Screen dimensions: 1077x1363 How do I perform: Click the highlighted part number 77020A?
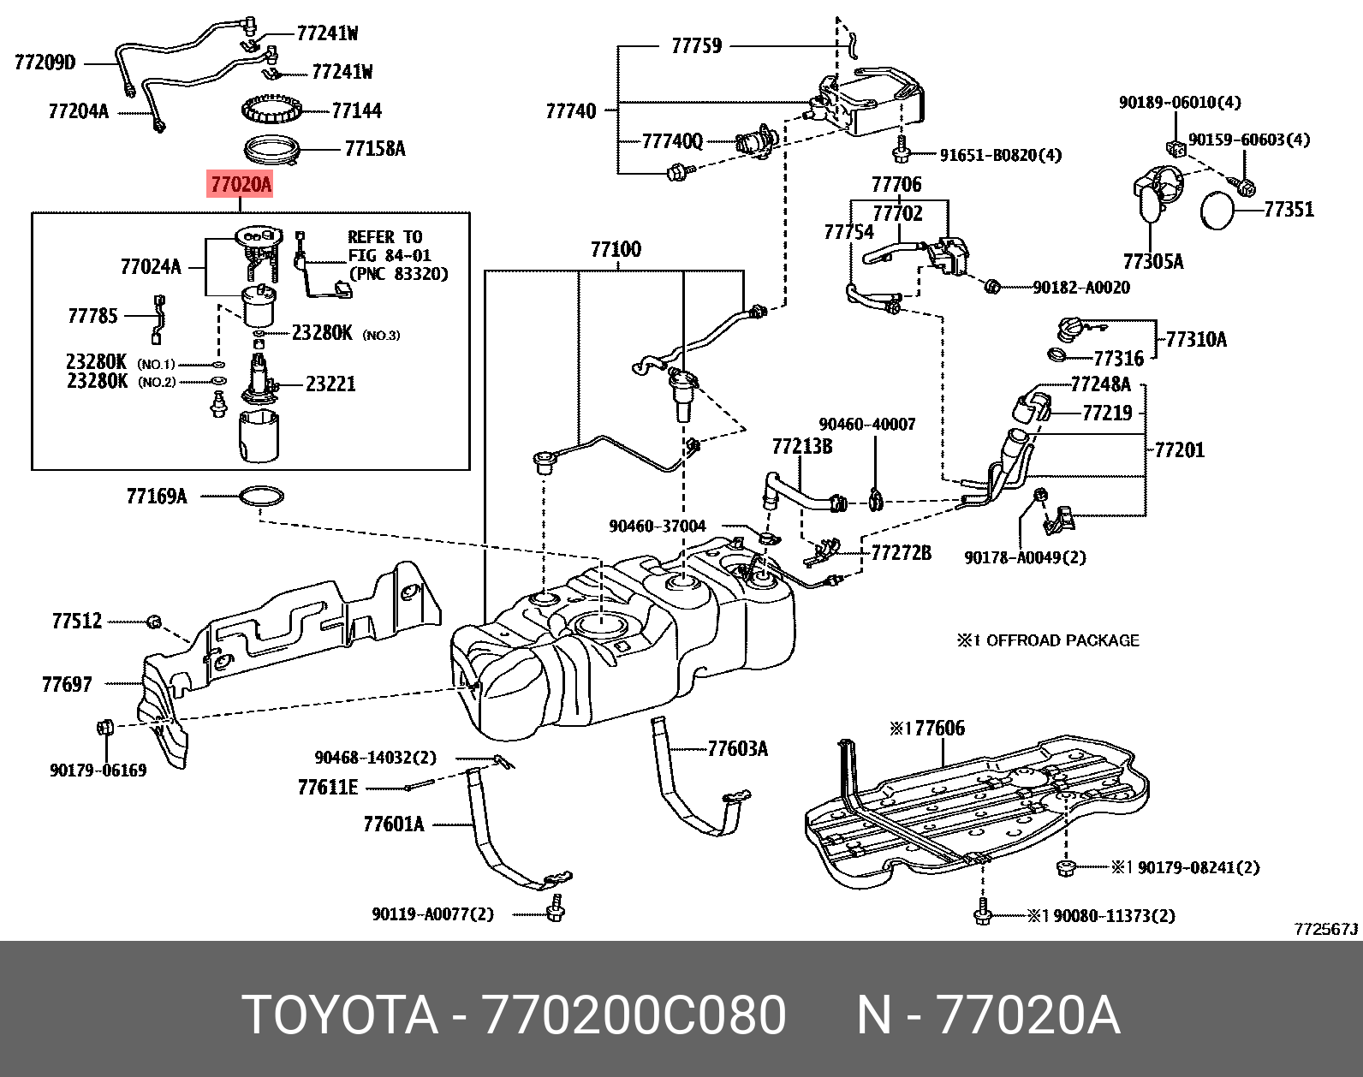coord(241,184)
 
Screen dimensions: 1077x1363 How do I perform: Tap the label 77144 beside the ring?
coord(356,110)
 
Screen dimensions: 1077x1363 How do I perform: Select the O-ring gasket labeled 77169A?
coord(262,496)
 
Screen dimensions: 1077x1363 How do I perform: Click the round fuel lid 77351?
coord(1219,211)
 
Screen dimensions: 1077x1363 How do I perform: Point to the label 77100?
coord(616,250)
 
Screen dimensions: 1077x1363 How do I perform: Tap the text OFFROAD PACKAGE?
coord(1062,640)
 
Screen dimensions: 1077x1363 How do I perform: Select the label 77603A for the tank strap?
coord(737,749)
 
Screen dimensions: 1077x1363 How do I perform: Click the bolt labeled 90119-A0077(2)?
coord(556,909)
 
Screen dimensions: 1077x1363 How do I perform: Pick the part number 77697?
coord(67,684)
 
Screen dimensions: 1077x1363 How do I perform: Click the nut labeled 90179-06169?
coord(105,729)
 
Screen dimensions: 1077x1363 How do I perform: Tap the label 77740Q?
coord(672,141)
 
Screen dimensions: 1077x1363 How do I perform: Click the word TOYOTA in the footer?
coord(340,1015)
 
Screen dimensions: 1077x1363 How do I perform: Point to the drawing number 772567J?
coord(1325,929)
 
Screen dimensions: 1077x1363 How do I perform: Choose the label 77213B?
coord(801,446)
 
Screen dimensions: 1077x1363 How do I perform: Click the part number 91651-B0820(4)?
coord(1000,155)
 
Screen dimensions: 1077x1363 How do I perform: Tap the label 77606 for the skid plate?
coord(935,729)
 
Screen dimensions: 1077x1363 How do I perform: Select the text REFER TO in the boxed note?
coord(384,237)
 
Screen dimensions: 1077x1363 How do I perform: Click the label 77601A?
coord(394,824)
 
